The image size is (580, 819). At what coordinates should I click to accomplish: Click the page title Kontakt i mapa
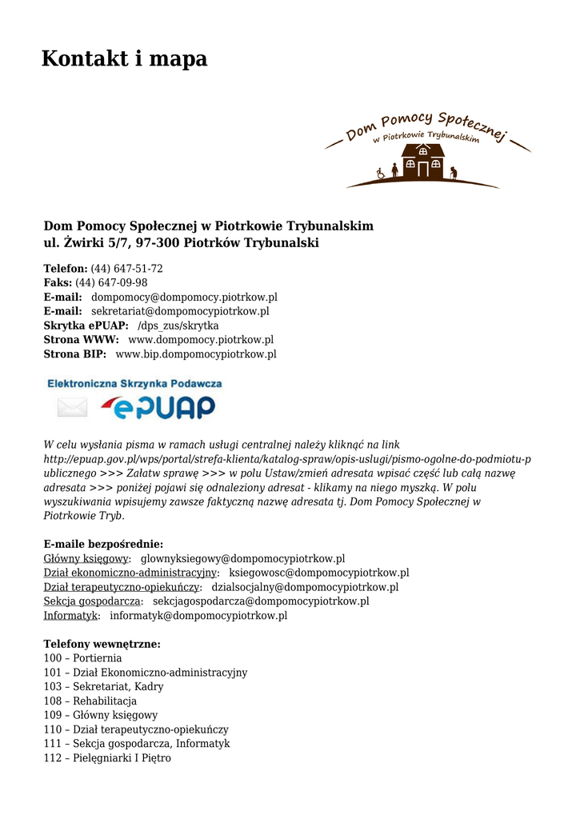[x=124, y=58]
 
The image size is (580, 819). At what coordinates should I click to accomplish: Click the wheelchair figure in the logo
[x=381, y=172]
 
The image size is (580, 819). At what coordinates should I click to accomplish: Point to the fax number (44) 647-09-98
[x=111, y=283]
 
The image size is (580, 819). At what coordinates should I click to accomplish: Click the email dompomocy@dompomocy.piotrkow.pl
[x=184, y=298]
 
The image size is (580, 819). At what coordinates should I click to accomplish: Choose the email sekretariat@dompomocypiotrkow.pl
[x=180, y=311]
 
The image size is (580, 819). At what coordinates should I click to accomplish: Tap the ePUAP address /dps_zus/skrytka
[x=178, y=326]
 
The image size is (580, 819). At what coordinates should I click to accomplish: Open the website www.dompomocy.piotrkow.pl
[x=201, y=340]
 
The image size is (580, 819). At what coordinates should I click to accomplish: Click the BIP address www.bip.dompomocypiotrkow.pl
[x=196, y=354]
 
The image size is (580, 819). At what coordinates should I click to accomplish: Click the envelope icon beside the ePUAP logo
[x=72, y=408]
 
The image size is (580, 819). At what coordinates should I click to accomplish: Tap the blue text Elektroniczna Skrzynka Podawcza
[x=135, y=384]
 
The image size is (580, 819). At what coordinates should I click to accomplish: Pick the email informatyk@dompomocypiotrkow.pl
[x=198, y=616]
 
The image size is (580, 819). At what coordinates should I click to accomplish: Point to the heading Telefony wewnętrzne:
[x=102, y=644]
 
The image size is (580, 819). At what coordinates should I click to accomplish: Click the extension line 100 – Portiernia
[x=82, y=658]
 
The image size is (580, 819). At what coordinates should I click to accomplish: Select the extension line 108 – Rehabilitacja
[x=90, y=701]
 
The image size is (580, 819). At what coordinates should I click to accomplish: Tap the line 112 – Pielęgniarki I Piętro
[x=107, y=758]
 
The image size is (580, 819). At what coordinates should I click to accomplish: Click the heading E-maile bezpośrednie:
[x=103, y=544]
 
